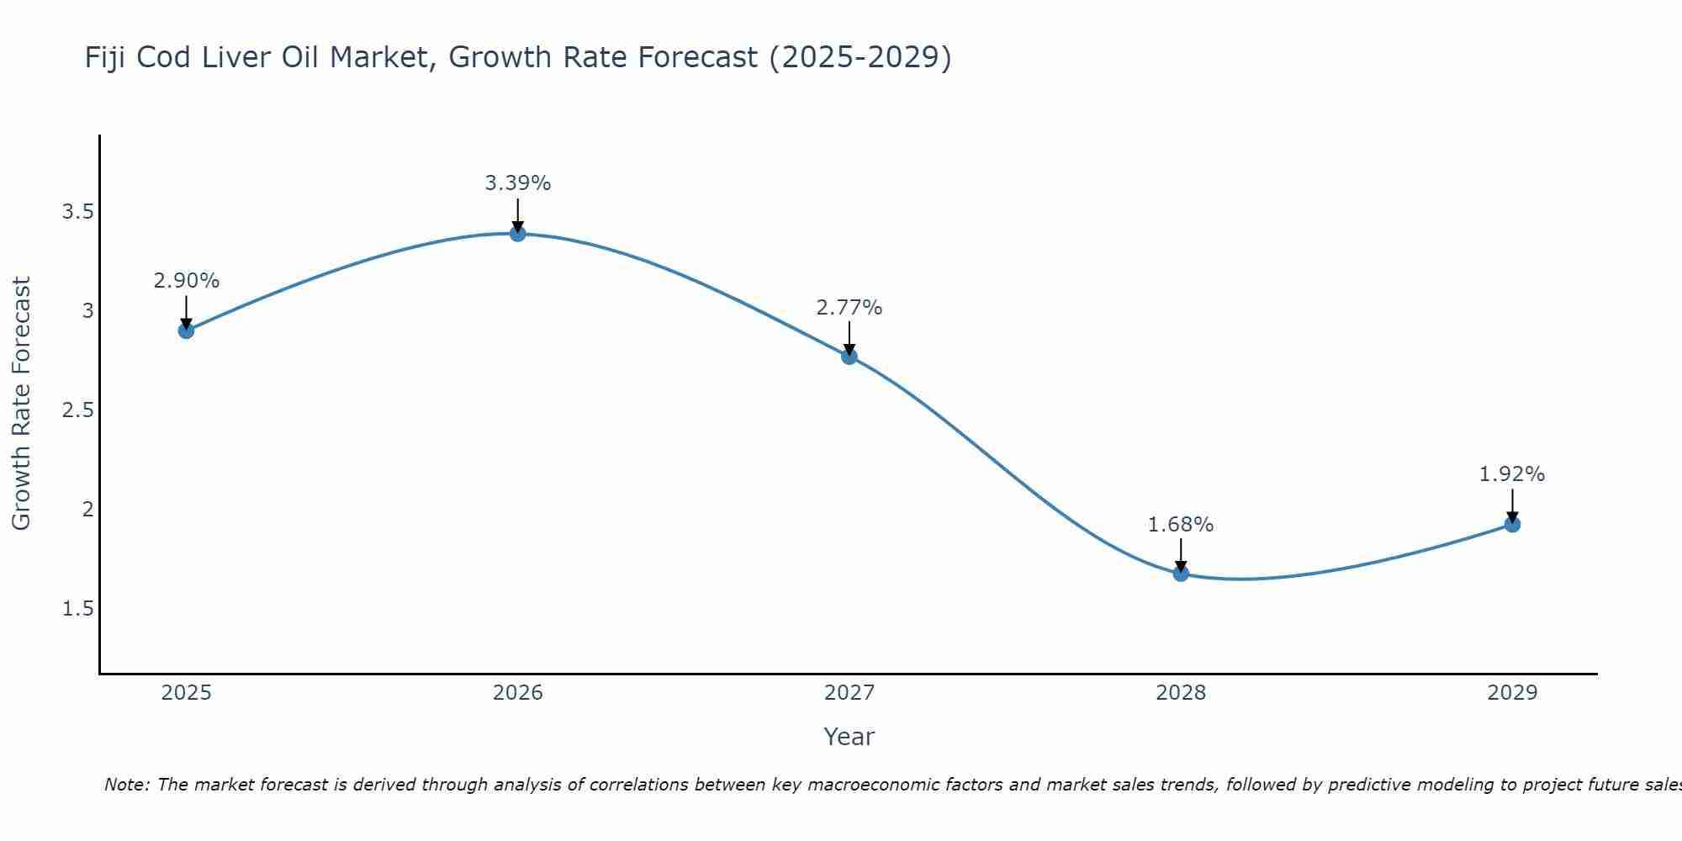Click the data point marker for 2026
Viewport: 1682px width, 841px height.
[518, 233]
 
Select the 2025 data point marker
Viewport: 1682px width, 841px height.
[187, 331]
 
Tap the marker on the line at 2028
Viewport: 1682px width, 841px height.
[1181, 574]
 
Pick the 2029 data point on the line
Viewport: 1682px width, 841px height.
[1512, 525]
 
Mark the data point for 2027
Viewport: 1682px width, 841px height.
[849, 356]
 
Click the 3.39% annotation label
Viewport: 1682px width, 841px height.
[518, 183]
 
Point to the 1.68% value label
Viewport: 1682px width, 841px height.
[1181, 525]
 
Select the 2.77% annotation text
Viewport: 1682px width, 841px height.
[849, 308]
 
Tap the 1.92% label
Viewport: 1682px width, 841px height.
[1512, 474]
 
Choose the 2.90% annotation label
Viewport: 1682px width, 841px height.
[187, 281]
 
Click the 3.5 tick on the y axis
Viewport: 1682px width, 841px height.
[77, 212]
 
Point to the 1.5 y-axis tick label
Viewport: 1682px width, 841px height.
[77, 609]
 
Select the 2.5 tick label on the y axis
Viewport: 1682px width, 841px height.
[77, 410]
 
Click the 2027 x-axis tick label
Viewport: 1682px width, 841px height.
[849, 693]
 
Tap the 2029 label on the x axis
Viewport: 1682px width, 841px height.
[1512, 693]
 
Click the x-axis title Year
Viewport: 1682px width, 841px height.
[849, 737]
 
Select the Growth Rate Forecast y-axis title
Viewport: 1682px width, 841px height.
[22, 404]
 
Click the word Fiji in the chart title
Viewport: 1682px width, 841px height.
[104, 58]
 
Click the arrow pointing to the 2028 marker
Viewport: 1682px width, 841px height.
[1181, 555]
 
